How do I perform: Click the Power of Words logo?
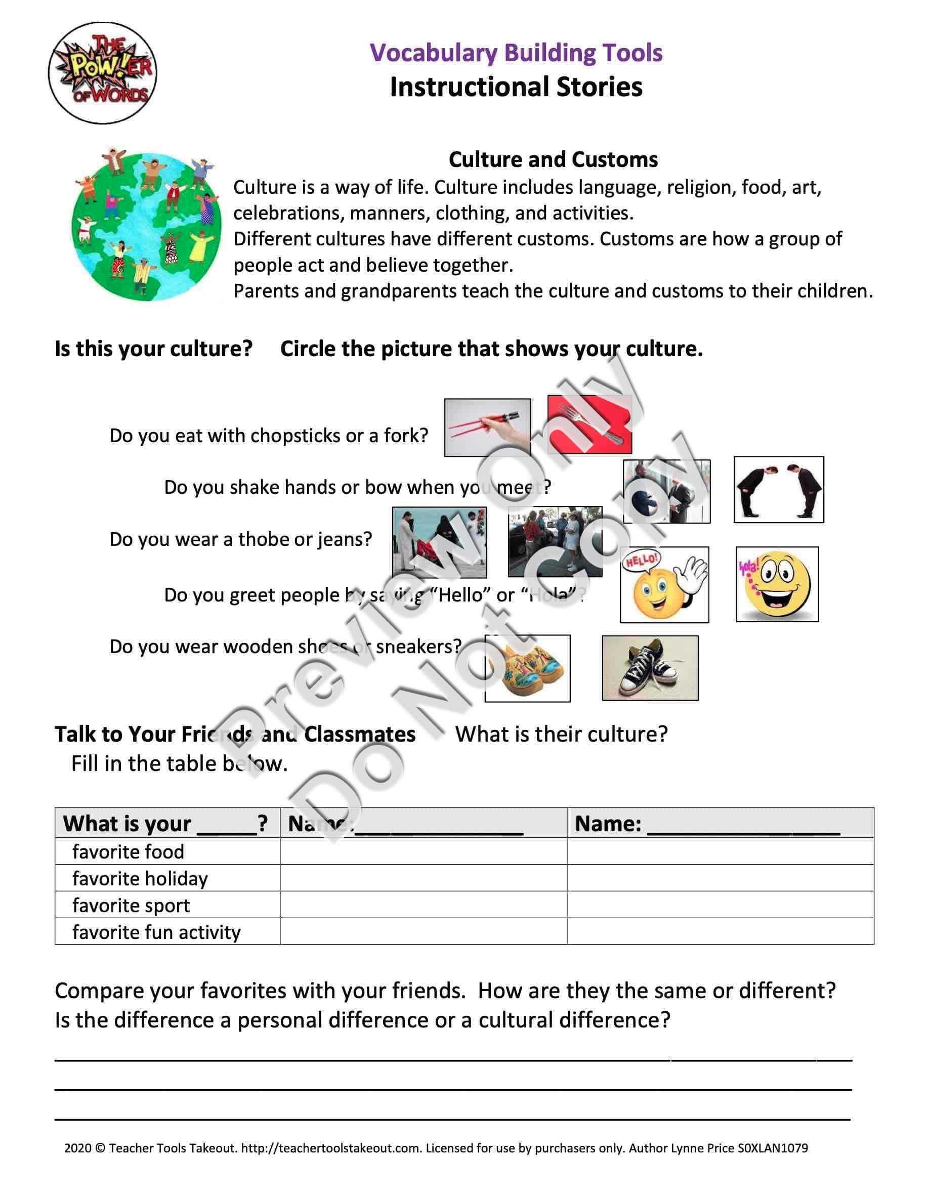pyautogui.click(x=102, y=73)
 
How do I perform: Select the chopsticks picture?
pyautogui.click(x=487, y=427)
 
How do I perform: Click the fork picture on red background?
pyautogui.click(x=589, y=424)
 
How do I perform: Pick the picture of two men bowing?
pyautogui.click(x=778, y=489)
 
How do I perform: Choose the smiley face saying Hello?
pyautogui.click(x=664, y=584)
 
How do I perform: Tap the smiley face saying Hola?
pyautogui.click(x=777, y=584)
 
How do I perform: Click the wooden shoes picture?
pyautogui.click(x=527, y=668)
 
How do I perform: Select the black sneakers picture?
pyautogui.click(x=650, y=668)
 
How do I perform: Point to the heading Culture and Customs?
pyautogui.click(x=553, y=159)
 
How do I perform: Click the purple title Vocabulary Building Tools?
pyautogui.click(x=516, y=53)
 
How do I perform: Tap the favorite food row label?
pyautogui.click(x=128, y=852)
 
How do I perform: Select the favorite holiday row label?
pyautogui.click(x=140, y=878)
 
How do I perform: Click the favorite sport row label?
pyautogui.click(x=131, y=906)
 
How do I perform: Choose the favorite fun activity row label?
pyautogui.click(x=156, y=932)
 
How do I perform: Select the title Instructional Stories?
pyautogui.click(x=516, y=87)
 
